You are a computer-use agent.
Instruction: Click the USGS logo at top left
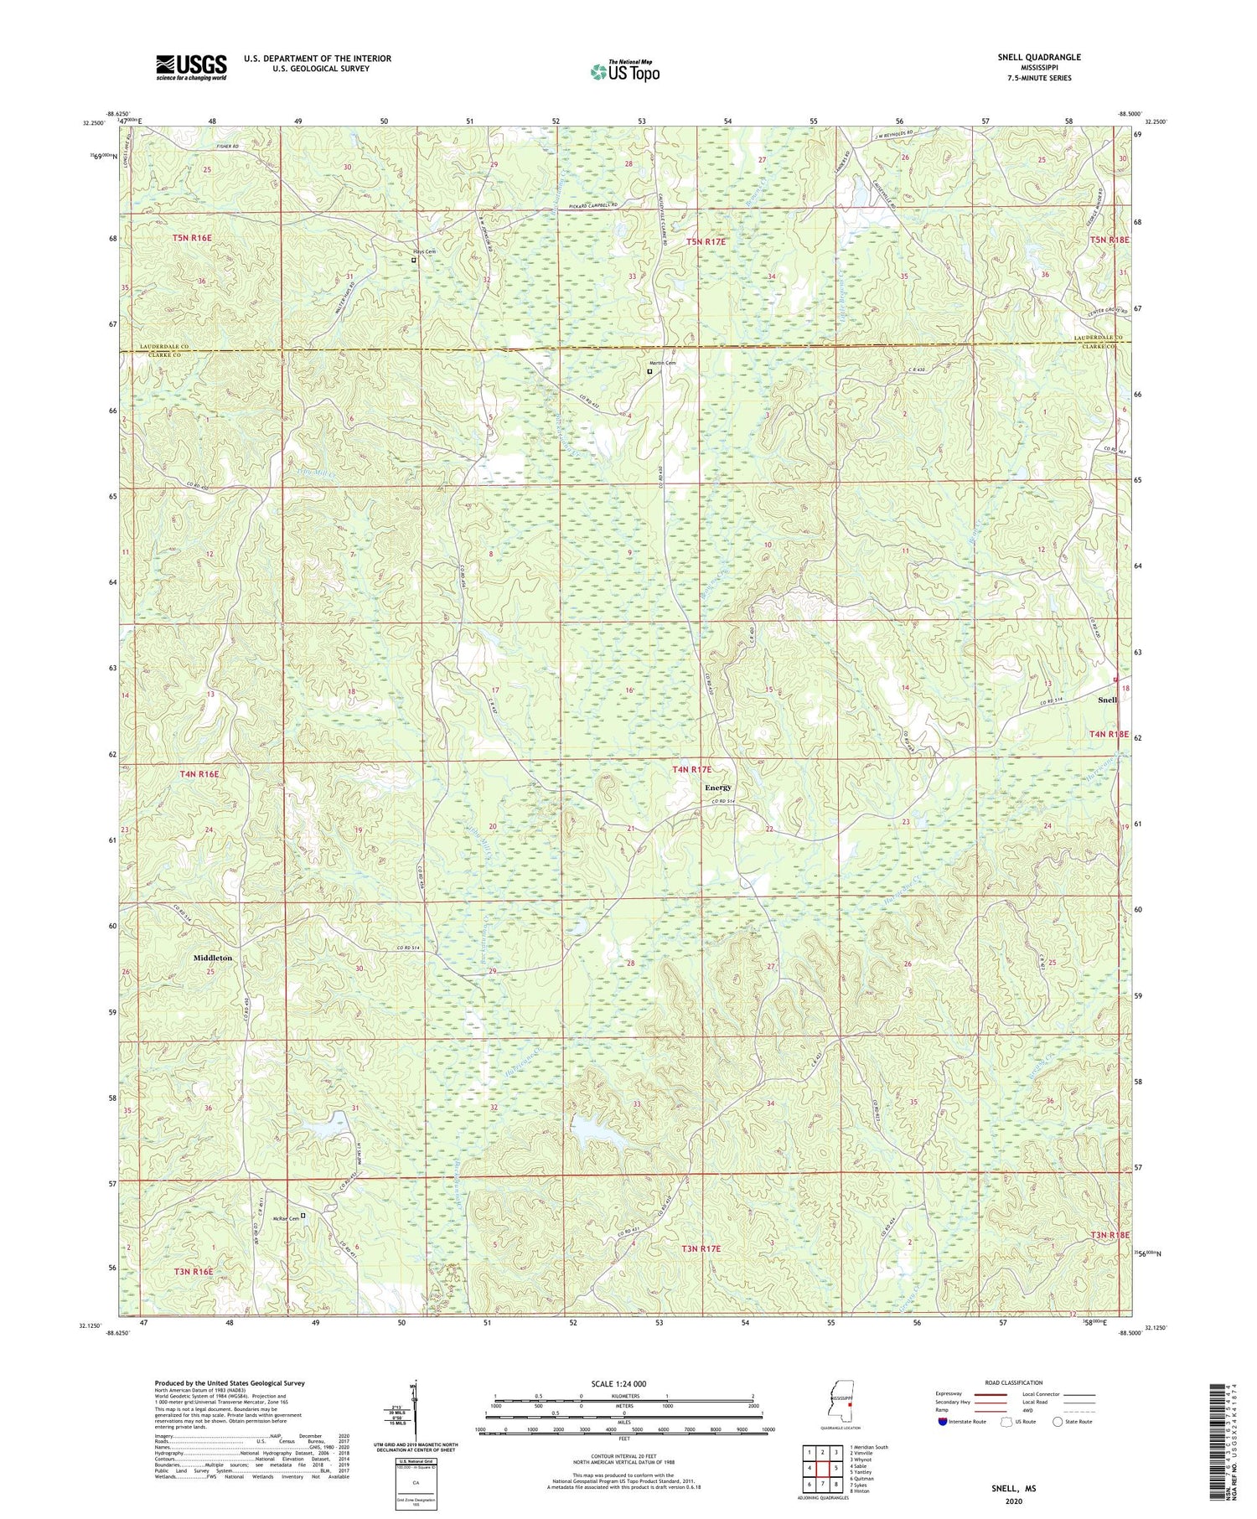coord(191,67)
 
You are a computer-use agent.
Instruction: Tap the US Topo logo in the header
coord(624,72)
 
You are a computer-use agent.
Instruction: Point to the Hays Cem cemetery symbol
coord(413,260)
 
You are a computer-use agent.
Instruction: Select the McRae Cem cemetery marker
coord(303,1215)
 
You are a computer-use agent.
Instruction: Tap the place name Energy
coord(717,788)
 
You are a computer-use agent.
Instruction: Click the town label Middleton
coord(212,957)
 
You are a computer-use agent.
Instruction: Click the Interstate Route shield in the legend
coord(943,1422)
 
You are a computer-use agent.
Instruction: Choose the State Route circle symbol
coord(1058,1422)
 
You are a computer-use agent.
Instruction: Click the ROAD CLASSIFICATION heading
coord(1014,1383)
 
